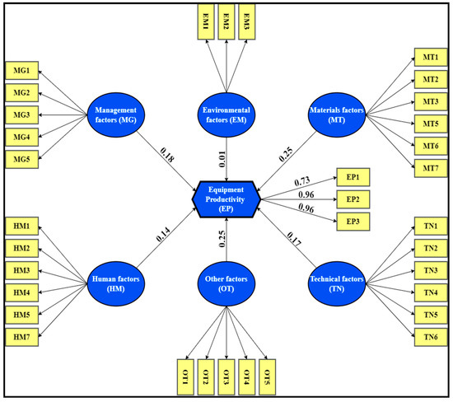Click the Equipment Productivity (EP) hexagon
pyautogui.click(x=226, y=199)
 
